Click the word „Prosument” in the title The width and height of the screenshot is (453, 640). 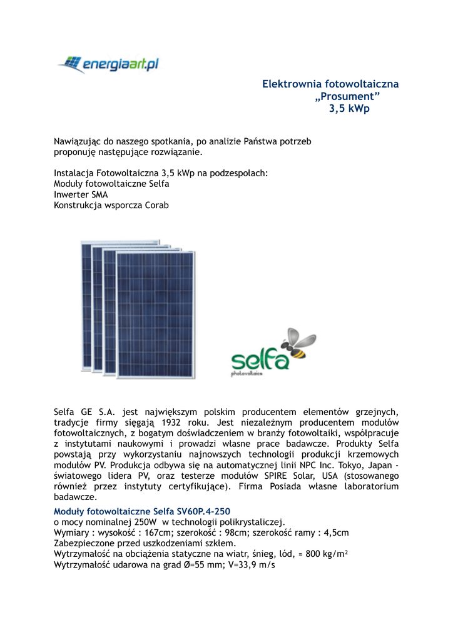pos(347,96)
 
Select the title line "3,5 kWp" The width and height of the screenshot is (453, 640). pos(349,109)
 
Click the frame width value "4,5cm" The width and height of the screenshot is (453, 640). pos(335,532)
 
